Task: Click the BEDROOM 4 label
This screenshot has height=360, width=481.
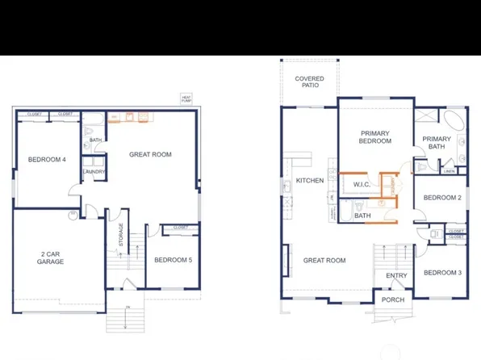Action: pos(47,159)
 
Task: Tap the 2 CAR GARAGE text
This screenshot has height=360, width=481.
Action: pos(51,257)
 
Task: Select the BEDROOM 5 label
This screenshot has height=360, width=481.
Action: pos(174,260)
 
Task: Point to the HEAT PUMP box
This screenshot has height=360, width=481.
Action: pos(186,98)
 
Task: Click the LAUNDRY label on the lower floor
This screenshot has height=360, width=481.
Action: pos(94,171)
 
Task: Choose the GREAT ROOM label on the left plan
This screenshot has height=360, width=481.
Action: pos(150,154)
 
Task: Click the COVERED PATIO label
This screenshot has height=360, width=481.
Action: pos(309,82)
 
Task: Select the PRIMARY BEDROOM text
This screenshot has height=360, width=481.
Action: pos(375,136)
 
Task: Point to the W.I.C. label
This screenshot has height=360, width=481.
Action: pos(362,184)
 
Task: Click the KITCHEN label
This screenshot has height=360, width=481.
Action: pos(310,180)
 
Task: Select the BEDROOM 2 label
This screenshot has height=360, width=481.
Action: pos(442,198)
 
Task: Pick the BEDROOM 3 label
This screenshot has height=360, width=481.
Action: pos(442,272)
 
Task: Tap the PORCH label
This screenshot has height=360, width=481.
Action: pos(393,300)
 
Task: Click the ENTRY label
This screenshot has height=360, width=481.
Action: pos(396,275)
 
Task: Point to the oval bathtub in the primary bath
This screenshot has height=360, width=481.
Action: pos(456,125)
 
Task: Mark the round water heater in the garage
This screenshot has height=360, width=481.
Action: pos(73,214)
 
